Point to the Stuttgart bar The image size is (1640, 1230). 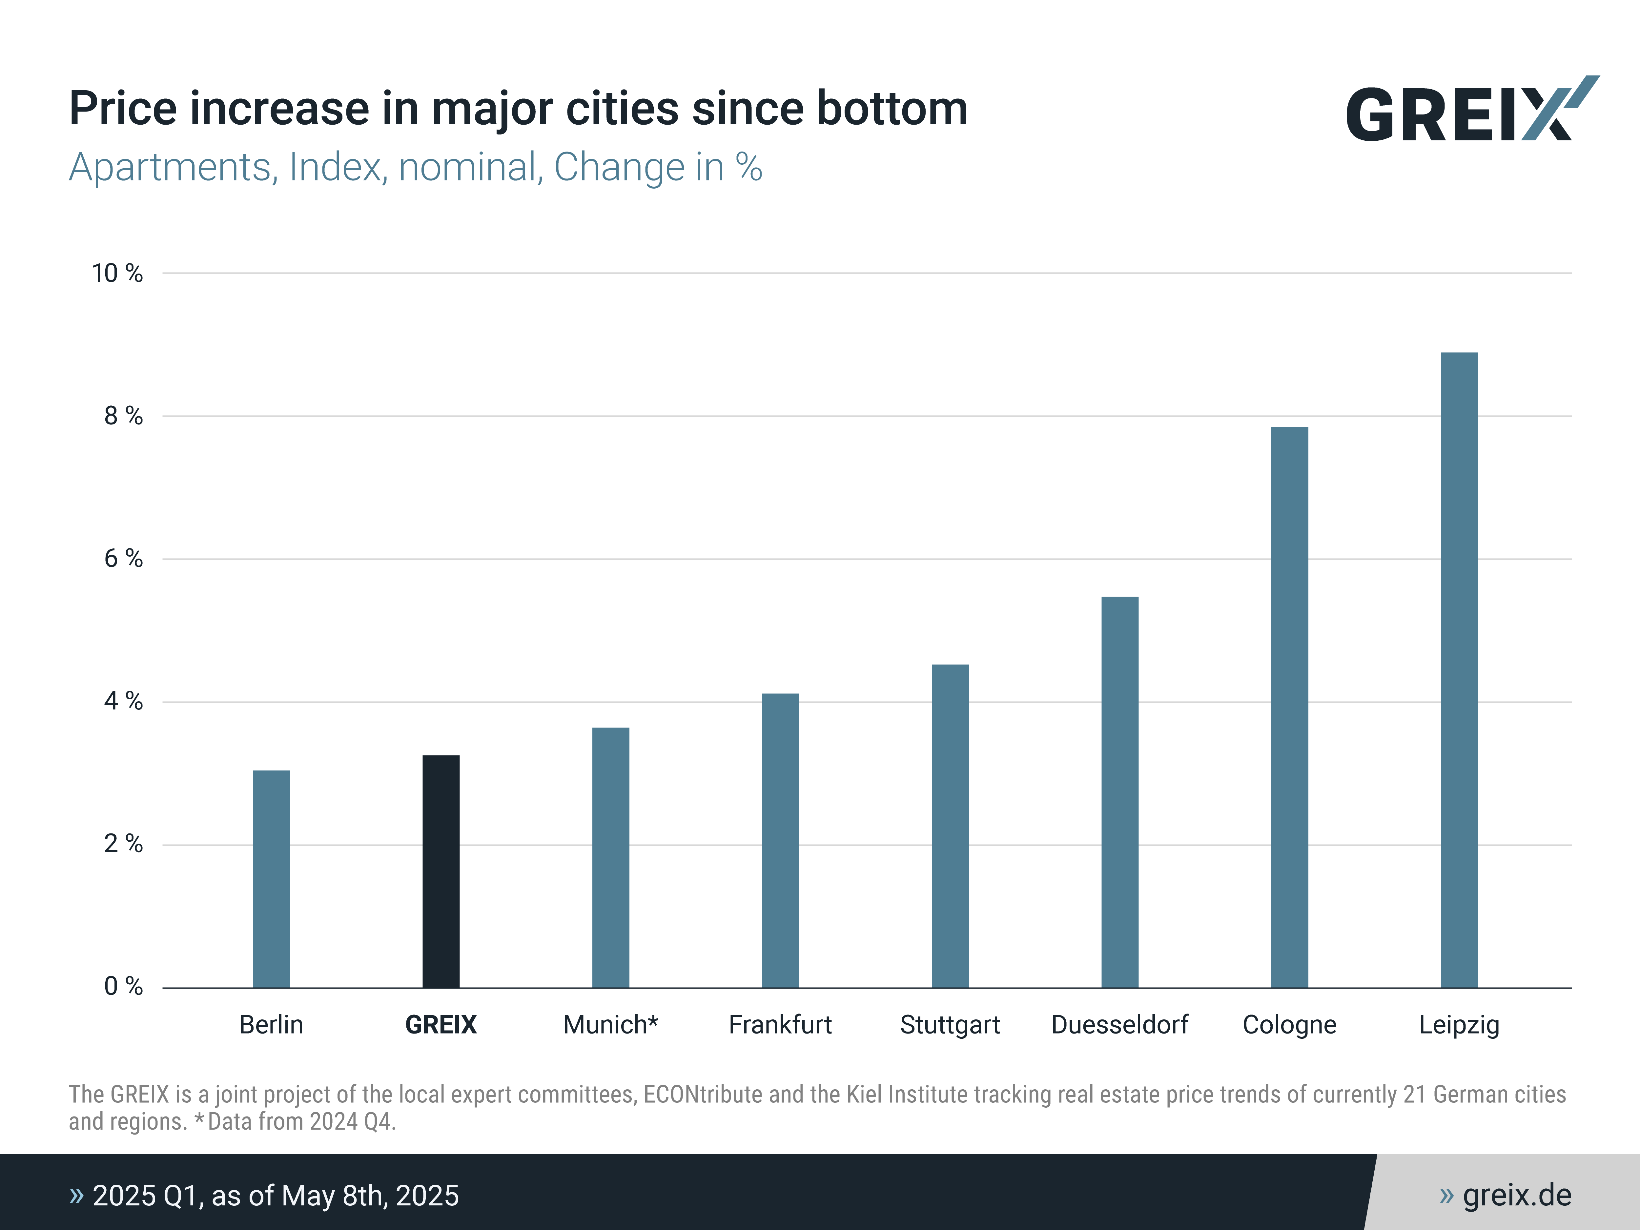[951, 826]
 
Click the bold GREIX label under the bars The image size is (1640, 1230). [441, 1025]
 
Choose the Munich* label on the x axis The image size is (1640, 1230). [611, 1025]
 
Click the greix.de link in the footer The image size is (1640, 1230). [1516, 1195]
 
